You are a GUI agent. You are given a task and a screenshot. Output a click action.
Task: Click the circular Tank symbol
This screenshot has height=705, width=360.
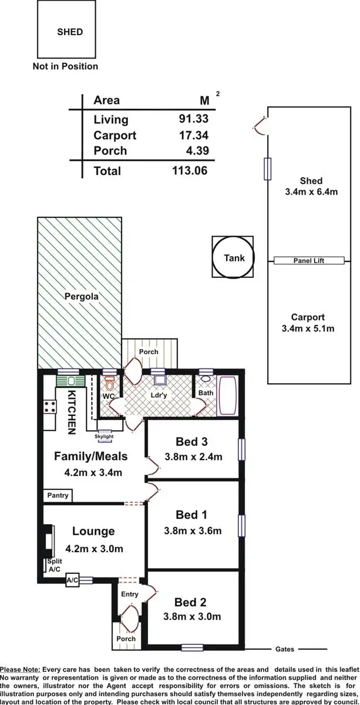(234, 258)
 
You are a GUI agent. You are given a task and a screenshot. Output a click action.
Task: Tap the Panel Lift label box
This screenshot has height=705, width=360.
(309, 260)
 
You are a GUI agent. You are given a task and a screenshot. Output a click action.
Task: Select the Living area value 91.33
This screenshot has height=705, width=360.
(193, 119)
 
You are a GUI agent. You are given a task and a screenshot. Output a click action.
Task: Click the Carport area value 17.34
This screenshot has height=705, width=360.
(193, 135)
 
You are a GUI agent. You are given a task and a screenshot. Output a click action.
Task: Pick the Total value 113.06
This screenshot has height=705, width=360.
(190, 170)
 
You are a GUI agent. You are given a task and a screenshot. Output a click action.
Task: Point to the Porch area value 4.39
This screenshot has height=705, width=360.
(197, 150)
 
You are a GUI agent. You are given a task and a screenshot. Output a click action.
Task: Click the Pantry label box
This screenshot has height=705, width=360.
(58, 495)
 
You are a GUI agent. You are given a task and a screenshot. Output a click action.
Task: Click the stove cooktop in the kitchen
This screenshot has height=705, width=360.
(48, 406)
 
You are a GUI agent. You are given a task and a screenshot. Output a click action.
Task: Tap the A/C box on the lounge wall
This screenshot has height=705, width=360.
(72, 580)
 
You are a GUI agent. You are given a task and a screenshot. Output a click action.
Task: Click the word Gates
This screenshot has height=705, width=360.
(285, 649)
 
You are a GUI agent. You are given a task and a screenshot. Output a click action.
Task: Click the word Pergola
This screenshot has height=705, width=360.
(81, 297)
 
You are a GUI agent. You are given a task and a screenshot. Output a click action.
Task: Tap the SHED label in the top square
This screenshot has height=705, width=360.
(69, 32)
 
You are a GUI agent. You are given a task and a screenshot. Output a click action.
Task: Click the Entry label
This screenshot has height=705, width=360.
(130, 594)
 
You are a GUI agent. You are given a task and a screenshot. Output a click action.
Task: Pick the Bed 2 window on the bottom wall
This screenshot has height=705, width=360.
(191, 647)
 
